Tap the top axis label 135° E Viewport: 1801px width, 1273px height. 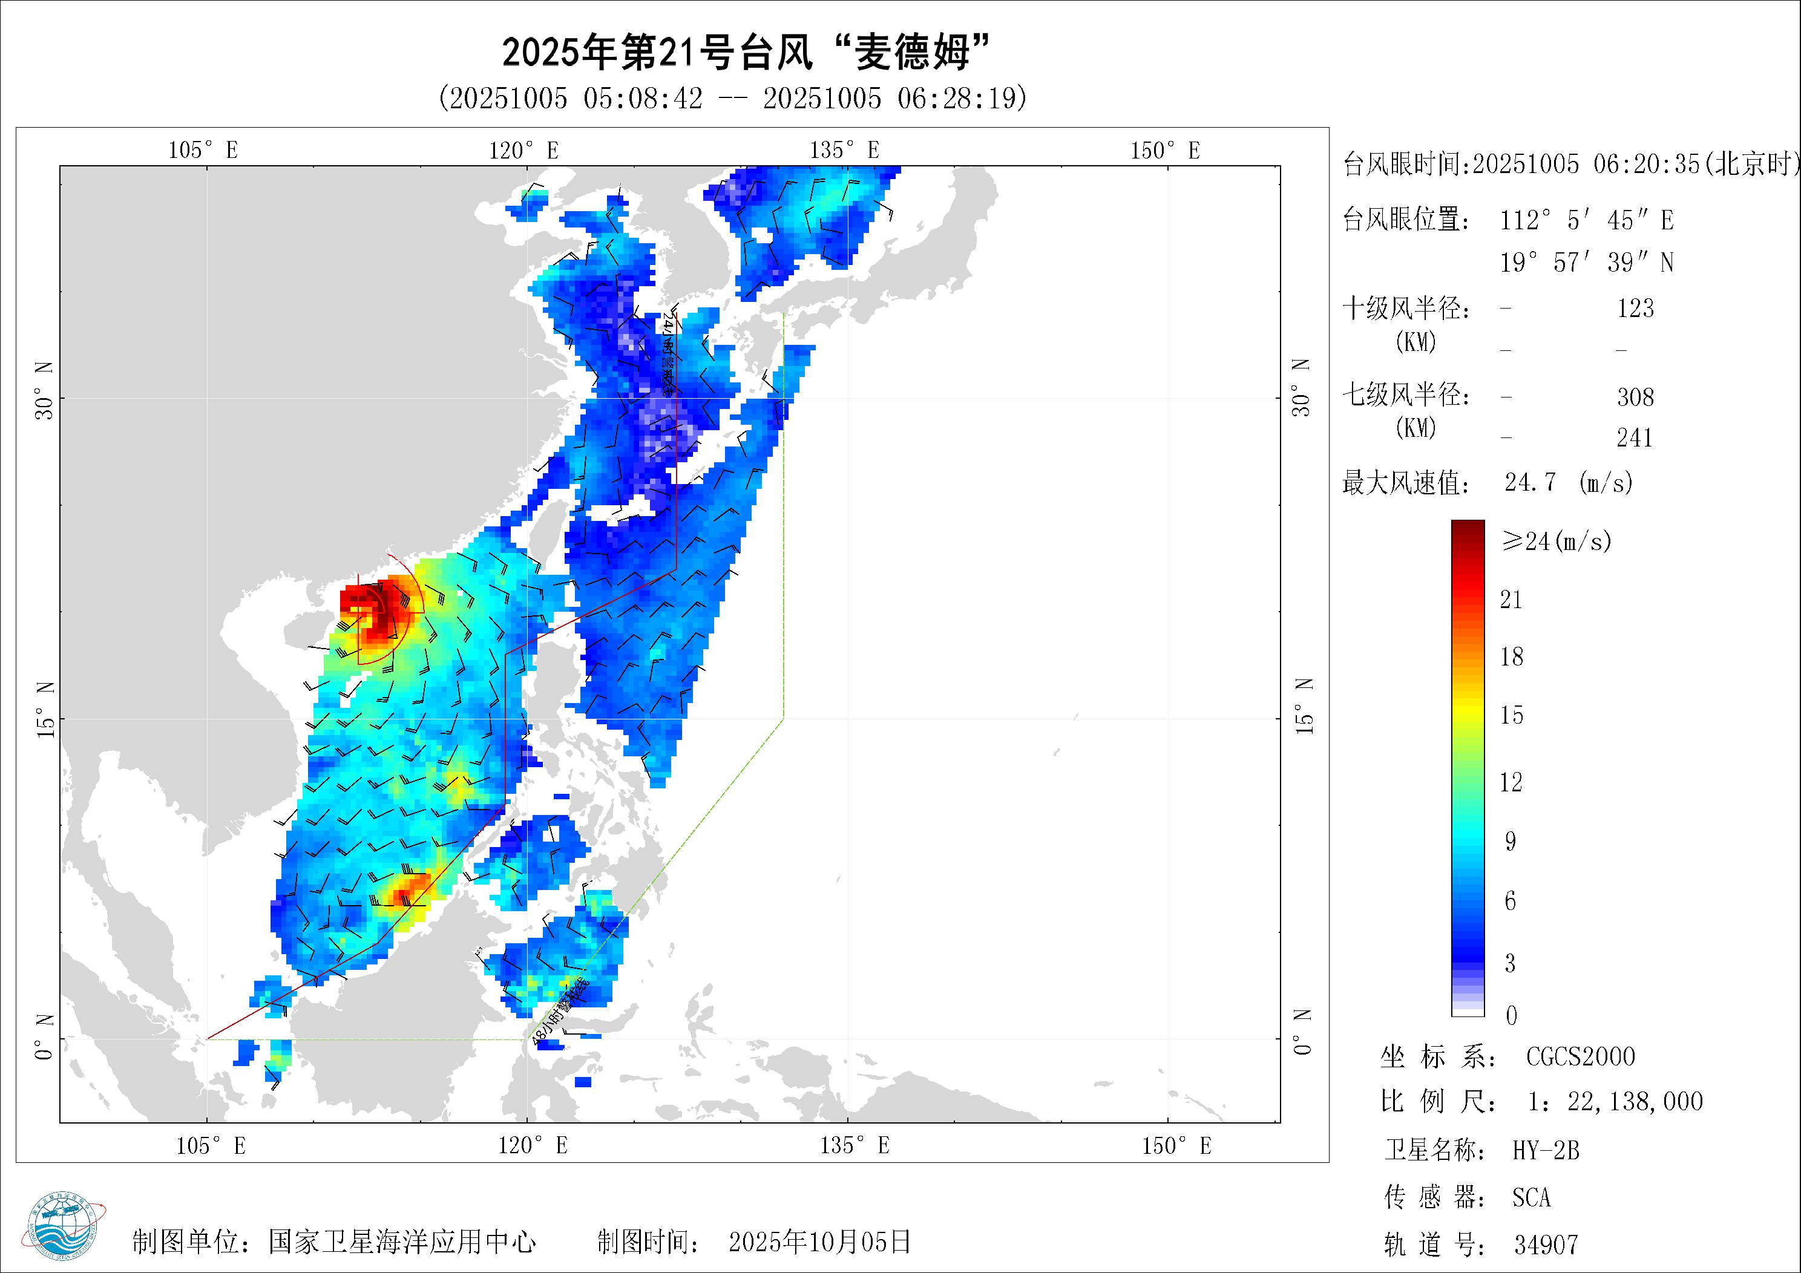click(x=844, y=151)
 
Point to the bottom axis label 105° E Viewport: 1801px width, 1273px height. click(x=210, y=1146)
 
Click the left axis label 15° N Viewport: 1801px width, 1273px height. click(x=45, y=709)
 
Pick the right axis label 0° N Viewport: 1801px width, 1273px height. click(x=1302, y=1032)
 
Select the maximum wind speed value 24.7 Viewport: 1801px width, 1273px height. click(x=1530, y=482)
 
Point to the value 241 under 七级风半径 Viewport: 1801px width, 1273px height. click(x=1635, y=437)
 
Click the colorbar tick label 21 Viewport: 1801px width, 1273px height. click(x=1511, y=600)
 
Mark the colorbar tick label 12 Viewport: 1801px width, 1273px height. click(x=1511, y=782)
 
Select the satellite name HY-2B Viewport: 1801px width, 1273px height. click(x=1545, y=1151)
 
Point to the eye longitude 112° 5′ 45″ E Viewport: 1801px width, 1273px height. click(x=1586, y=220)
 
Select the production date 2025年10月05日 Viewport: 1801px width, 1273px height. click(x=819, y=1242)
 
